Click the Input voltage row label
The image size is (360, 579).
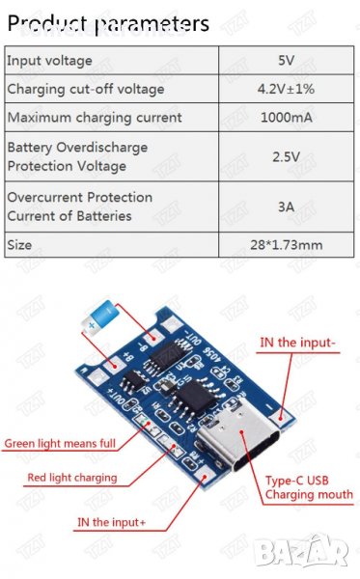point(50,60)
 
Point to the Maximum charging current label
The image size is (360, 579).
point(95,118)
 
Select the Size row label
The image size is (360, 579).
point(19,245)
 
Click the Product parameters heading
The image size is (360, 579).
point(107,22)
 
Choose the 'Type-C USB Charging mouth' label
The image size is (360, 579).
point(306,487)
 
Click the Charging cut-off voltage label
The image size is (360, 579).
point(86,89)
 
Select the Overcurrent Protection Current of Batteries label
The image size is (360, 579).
point(79,207)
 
